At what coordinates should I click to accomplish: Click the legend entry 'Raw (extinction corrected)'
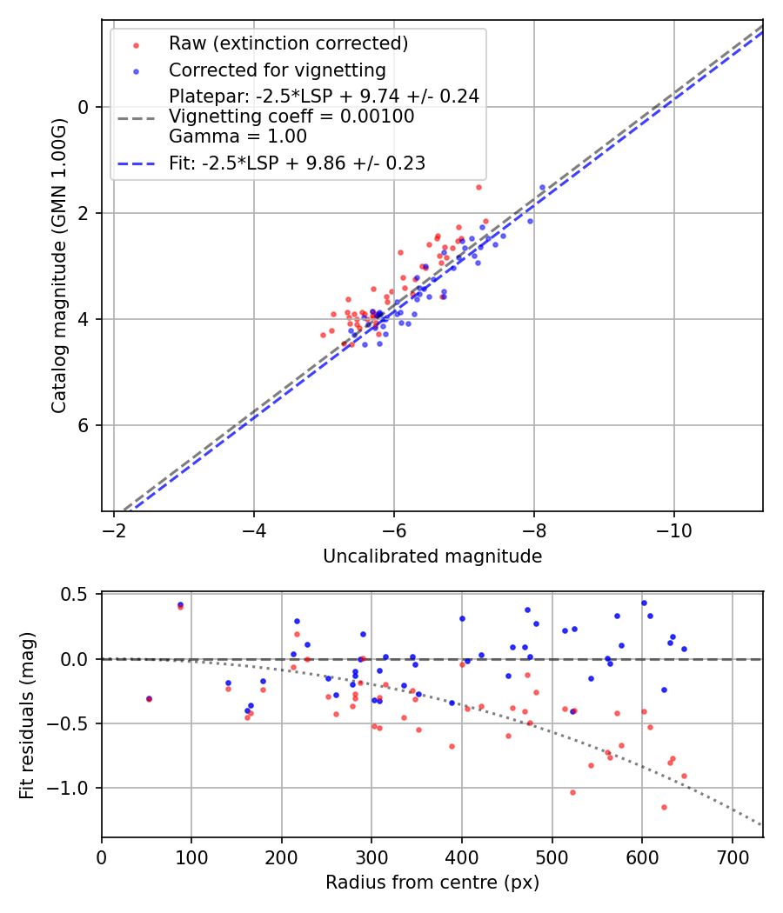coord(288,43)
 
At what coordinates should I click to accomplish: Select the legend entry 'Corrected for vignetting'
coord(277,70)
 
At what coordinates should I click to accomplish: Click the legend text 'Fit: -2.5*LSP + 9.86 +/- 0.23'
coord(297,163)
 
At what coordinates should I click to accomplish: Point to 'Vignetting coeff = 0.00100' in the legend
coord(291,116)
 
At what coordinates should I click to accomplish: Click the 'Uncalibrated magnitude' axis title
coord(432,556)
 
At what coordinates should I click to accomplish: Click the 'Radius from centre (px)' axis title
coord(432,883)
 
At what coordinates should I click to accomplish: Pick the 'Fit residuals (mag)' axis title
coord(27,715)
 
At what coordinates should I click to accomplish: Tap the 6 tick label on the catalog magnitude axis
coord(84,425)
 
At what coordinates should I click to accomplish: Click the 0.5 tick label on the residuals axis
coord(77,595)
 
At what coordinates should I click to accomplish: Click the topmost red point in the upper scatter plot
coord(478,187)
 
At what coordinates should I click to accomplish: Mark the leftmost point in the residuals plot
coord(149,698)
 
